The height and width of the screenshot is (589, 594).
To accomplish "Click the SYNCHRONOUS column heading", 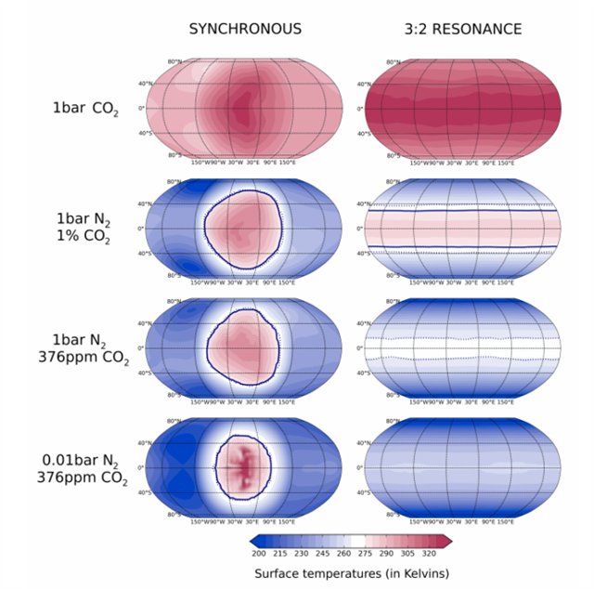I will coord(245,29).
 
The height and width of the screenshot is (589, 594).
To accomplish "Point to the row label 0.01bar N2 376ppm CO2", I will coord(83,469).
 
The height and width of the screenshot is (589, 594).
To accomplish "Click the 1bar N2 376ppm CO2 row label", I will coord(83,348).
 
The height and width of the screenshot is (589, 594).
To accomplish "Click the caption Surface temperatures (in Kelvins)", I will coord(352,574).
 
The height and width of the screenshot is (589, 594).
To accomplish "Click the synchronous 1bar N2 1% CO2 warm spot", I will coord(241,228).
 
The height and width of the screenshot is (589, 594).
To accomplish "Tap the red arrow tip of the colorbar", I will coord(447,540).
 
